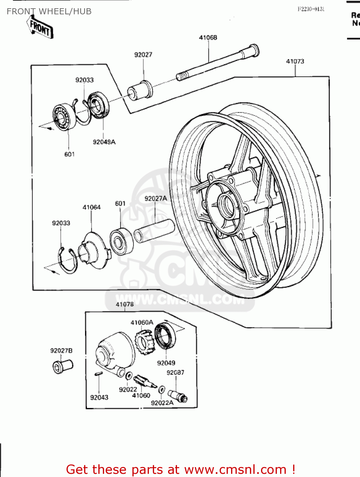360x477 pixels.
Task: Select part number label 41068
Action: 208,38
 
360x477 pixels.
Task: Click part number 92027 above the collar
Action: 143,55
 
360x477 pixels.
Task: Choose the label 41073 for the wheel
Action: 295,61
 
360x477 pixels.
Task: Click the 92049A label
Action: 104,142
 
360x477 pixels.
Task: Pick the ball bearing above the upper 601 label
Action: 64,117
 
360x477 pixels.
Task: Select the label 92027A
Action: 155,198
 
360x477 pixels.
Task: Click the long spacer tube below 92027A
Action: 155,231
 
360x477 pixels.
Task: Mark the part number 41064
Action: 91,207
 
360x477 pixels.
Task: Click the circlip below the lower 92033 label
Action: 68,261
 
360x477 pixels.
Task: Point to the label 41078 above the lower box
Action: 124,304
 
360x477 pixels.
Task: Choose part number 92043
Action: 99,397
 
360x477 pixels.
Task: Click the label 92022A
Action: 162,403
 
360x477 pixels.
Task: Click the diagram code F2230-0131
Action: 311,9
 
